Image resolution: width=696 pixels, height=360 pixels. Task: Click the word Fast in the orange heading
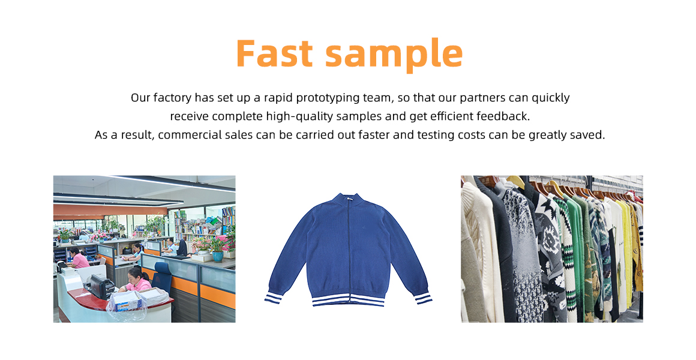[x=274, y=53]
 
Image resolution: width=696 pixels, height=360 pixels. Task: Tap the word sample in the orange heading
[x=394, y=55]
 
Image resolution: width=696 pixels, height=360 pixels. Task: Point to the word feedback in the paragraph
[x=503, y=116]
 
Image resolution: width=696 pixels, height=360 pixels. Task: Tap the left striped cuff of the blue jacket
[x=274, y=298]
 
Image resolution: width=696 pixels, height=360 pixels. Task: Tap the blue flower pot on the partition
[x=217, y=256]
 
